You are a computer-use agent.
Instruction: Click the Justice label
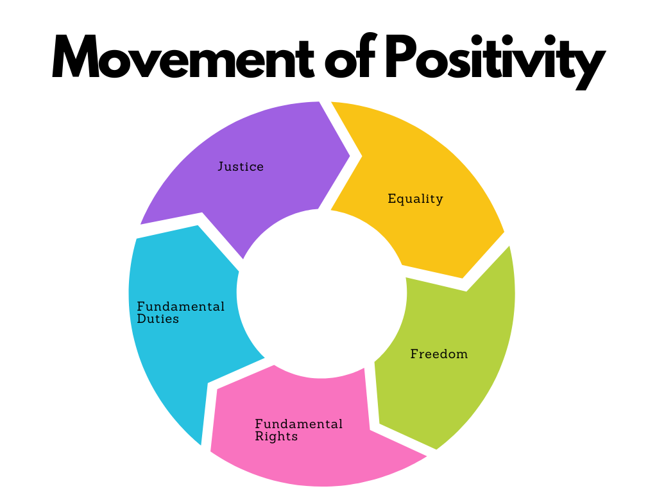pos(241,167)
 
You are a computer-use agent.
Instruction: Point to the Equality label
pos(415,199)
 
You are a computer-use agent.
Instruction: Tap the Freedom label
pos(439,354)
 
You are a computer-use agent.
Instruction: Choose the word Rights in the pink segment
pos(277,437)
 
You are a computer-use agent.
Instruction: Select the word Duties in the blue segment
pos(158,318)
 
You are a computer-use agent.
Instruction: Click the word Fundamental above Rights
pos(299,424)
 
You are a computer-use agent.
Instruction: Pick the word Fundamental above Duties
pos(181,306)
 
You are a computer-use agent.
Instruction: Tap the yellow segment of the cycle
pos(436,167)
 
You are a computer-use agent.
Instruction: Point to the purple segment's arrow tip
pos(348,155)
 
